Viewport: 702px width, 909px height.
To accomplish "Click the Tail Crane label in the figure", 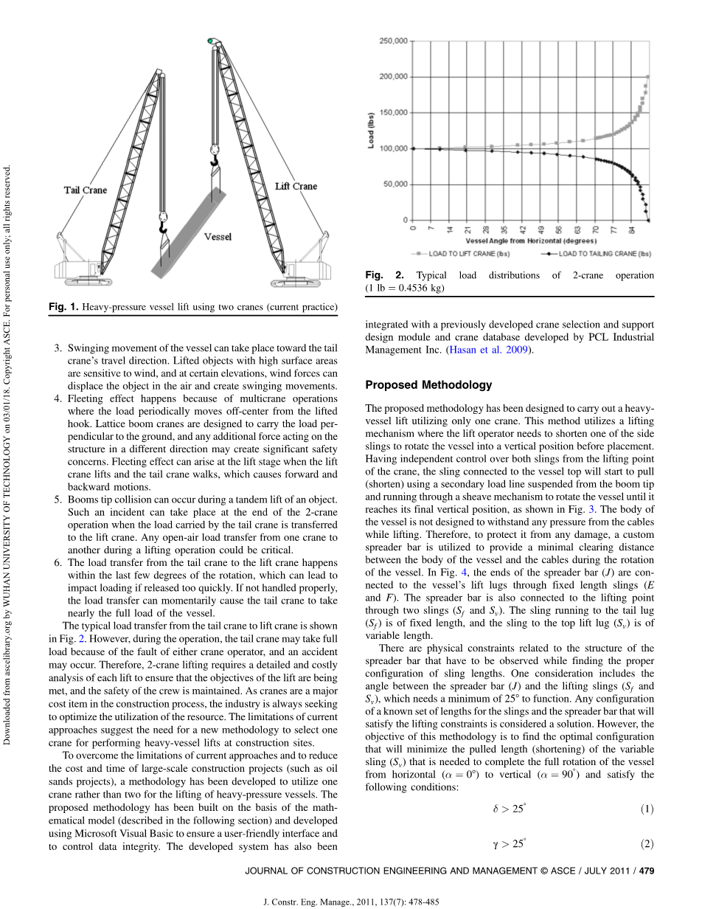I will click(x=85, y=190).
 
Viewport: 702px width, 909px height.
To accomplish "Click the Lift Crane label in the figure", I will click(x=296, y=186).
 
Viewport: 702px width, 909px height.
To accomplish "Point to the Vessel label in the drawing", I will click(x=218, y=237).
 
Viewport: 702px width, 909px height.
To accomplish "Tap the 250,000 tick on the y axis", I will click(x=392, y=41).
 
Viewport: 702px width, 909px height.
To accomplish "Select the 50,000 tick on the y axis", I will click(x=395, y=184).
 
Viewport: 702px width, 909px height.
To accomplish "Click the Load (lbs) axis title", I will click(x=371, y=131).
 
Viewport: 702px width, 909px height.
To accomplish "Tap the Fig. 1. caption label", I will click(x=63, y=307).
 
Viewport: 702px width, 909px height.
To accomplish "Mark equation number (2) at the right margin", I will click(x=647, y=844).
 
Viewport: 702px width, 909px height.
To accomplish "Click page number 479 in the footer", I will click(x=647, y=871).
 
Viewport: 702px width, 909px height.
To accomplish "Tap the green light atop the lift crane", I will click(x=211, y=40).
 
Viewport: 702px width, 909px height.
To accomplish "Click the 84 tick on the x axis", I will click(x=633, y=229).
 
